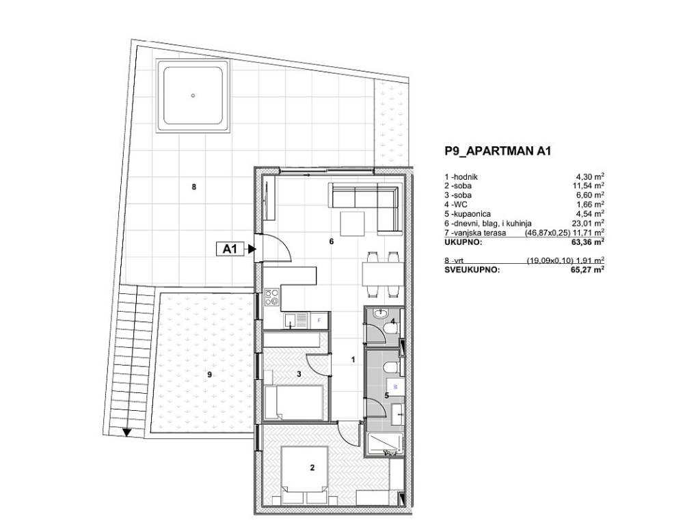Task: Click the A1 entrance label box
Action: coord(230,249)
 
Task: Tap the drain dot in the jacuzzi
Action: coord(193,95)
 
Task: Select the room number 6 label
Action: coord(332,241)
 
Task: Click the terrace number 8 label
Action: coord(193,187)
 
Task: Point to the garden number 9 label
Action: coord(209,375)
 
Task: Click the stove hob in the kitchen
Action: coord(272,297)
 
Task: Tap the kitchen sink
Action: coord(296,320)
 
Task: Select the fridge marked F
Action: coord(319,320)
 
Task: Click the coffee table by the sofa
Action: coord(352,224)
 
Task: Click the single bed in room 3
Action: coord(294,403)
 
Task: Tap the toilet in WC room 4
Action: coord(391,328)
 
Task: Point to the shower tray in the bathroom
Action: coord(384,444)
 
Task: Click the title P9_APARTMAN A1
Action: coord(498,151)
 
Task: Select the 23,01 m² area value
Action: coord(590,223)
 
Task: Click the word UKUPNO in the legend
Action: coord(463,242)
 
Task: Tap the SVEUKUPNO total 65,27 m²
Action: coord(590,269)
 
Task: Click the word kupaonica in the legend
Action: coord(472,214)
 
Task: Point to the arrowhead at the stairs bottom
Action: coord(126,432)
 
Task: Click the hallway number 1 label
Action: coord(353,360)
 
